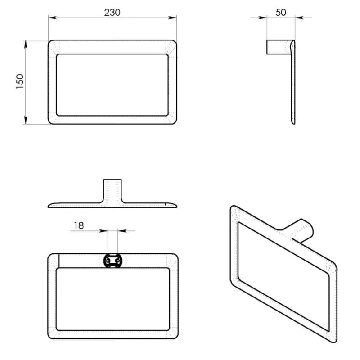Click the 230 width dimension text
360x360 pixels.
coord(112,13)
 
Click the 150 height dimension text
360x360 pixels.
coord(20,81)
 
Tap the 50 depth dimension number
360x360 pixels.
coord(280,13)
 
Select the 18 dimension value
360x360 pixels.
coord(79,226)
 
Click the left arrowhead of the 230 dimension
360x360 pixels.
coord(52,18)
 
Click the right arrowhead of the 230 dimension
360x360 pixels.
coord(173,18)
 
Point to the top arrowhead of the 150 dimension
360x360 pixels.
coord(26,44)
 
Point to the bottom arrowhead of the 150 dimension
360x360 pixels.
coord(26,120)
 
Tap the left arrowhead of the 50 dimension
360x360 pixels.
coord(263,18)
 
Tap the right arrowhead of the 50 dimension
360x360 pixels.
coord(299,18)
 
